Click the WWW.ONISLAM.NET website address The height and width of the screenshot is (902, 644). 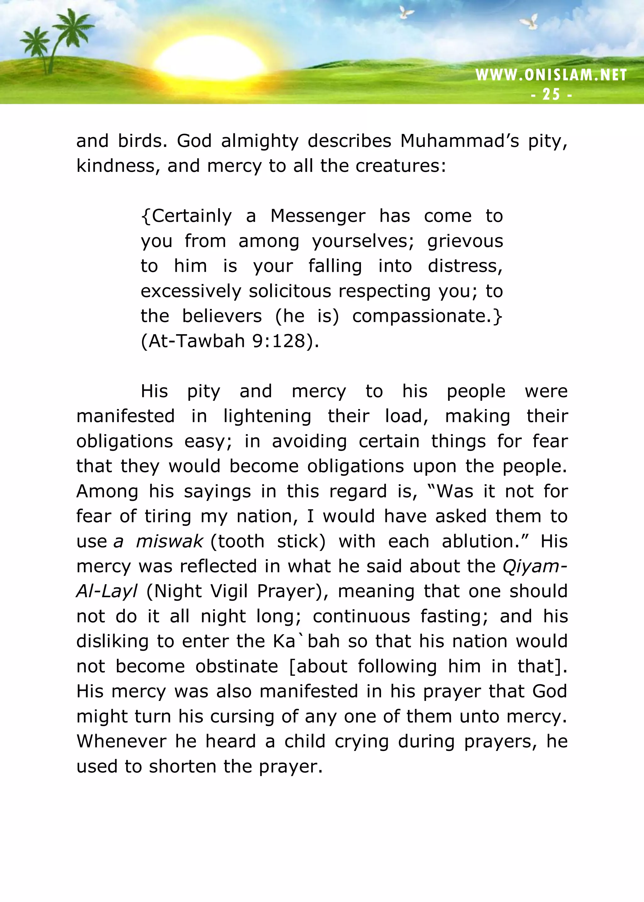[x=551, y=75]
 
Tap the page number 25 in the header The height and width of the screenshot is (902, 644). [x=551, y=94]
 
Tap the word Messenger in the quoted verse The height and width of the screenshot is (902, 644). [x=318, y=216]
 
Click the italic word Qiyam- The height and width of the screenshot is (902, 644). [x=535, y=566]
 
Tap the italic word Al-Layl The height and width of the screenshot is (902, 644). [x=107, y=591]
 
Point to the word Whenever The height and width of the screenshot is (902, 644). [x=121, y=741]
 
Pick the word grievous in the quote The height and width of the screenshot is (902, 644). [x=465, y=241]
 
